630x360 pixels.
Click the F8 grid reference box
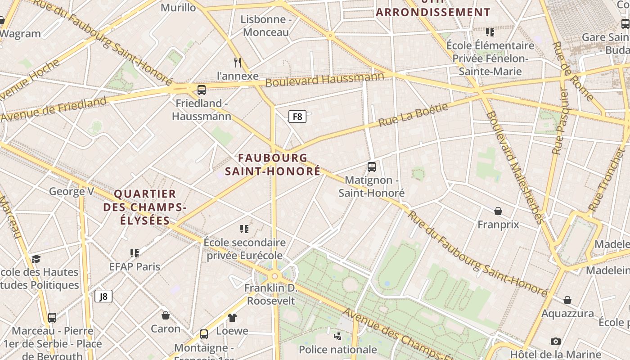[x=297, y=117]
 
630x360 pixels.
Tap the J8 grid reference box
[x=103, y=296]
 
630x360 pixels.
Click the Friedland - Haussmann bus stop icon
[x=202, y=90]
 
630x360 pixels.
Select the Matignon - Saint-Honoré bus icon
[x=372, y=167]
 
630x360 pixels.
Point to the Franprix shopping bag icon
[x=498, y=211]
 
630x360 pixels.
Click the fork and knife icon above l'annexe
[x=238, y=62]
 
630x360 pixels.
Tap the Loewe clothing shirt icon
[x=232, y=318]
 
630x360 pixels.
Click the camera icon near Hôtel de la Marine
[x=556, y=341]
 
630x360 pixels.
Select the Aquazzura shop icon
[x=567, y=300]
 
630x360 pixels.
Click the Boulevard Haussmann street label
[x=324, y=79]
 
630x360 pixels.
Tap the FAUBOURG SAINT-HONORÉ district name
[x=273, y=165]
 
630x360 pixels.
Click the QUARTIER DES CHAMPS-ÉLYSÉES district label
[x=145, y=207]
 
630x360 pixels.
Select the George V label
[x=72, y=192]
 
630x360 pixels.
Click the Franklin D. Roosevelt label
[x=271, y=294]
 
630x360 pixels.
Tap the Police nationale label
[x=337, y=350]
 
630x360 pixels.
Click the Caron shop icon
[x=166, y=315]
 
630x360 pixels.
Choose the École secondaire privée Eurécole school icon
[x=244, y=229]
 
